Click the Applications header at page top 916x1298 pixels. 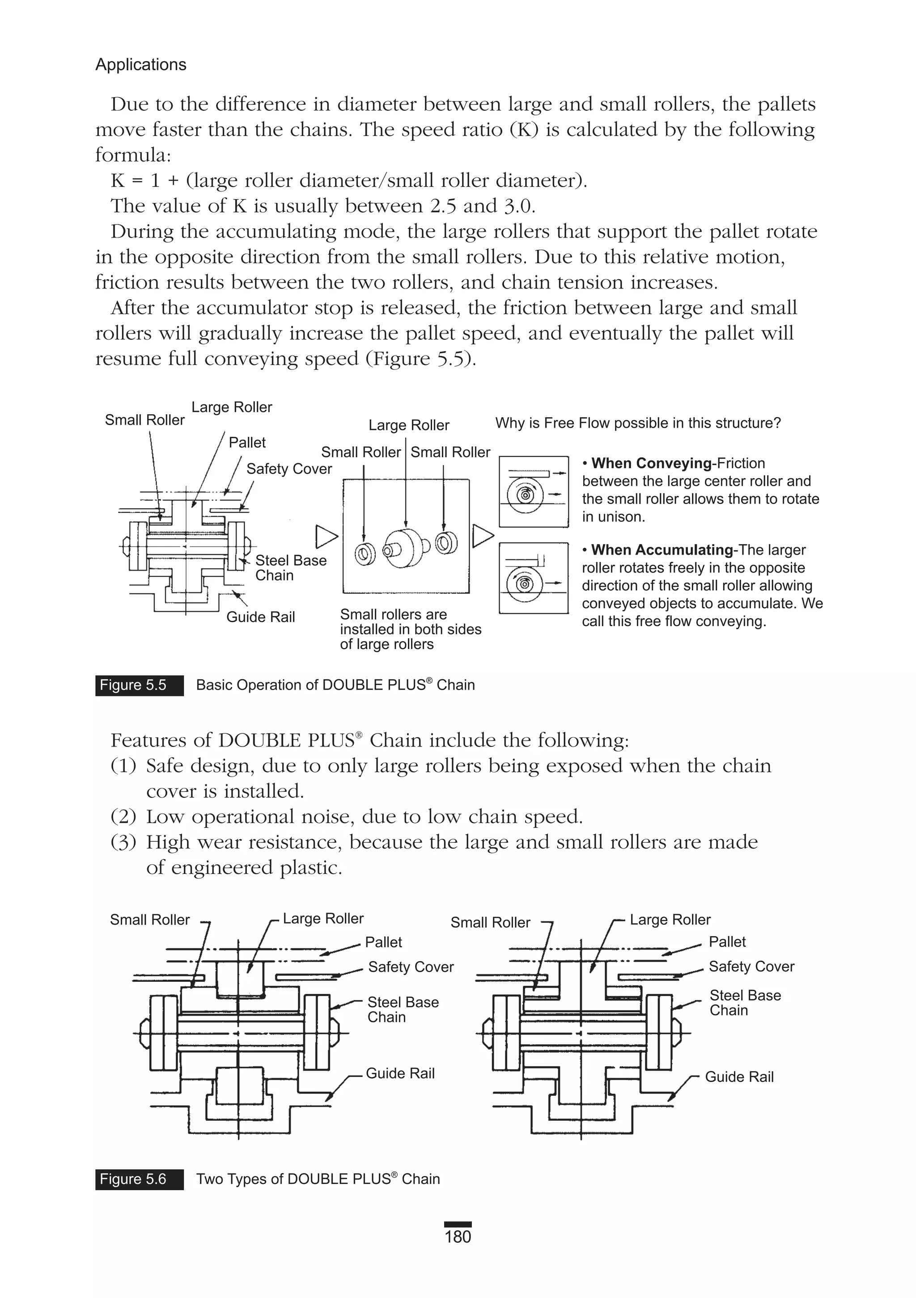click(x=140, y=64)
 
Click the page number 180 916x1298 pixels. click(x=458, y=1237)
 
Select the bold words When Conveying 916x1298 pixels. click(x=651, y=463)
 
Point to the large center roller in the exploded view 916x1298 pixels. click(x=406, y=547)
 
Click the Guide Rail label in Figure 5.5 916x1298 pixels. click(x=261, y=617)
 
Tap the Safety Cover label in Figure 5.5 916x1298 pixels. click(x=289, y=469)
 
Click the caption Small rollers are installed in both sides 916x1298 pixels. click(x=410, y=629)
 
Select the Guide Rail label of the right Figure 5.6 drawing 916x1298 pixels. click(x=738, y=1077)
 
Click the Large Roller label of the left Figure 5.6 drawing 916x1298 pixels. click(x=323, y=918)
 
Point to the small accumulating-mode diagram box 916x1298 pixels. click(x=533, y=578)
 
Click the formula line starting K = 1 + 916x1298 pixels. click(x=349, y=180)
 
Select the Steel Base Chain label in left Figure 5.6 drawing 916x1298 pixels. click(x=402, y=1009)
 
